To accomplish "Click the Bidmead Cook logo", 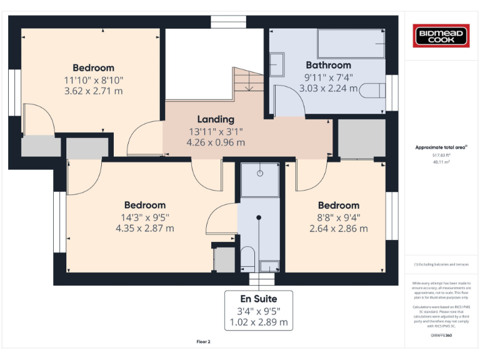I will (x=442, y=35).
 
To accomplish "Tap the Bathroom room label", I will (x=328, y=65).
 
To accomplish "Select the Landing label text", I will (x=216, y=119).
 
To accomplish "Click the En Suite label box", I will (x=259, y=311).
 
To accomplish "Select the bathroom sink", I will (x=277, y=64).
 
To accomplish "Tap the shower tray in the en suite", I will (x=260, y=179).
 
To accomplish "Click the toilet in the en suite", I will (x=247, y=258).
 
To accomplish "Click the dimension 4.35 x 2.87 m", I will (x=145, y=228).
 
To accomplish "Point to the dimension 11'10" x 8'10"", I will (x=93, y=79).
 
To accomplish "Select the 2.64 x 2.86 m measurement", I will (x=338, y=228).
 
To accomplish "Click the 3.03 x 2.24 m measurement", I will (x=328, y=88).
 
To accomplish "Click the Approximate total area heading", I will (x=441, y=147).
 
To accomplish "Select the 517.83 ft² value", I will (x=441, y=155).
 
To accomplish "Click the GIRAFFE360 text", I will (x=441, y=336).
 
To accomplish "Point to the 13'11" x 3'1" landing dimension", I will (x=216, y=131).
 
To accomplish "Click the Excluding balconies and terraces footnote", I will (x=441, y=264).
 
